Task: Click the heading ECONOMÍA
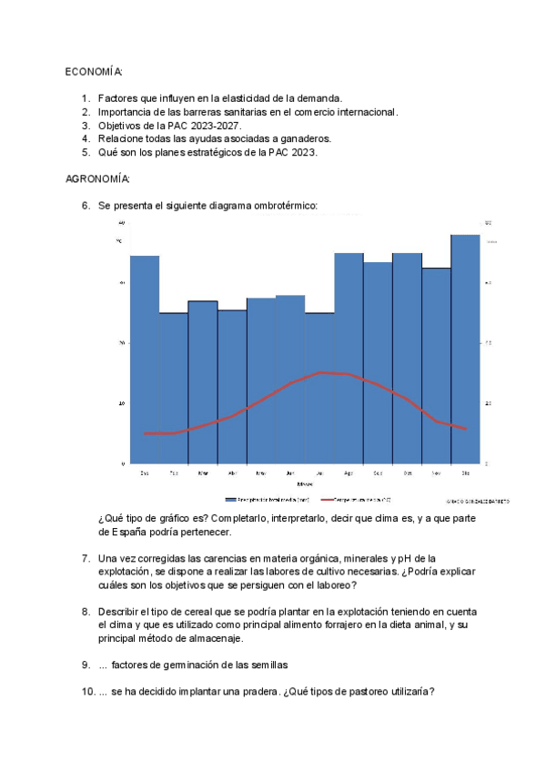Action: [x=95, y=71]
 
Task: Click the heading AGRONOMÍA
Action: [x=98, y=178]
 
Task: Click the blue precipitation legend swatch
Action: [x=230, y=500]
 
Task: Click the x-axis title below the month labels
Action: [x=305, y=483]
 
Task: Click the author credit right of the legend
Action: [x=478, y=501]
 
